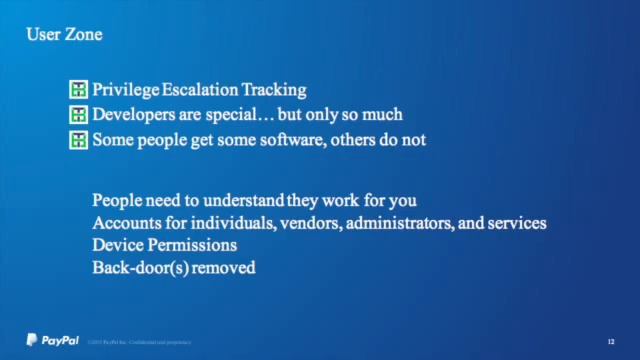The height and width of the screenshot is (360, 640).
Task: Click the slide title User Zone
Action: click(x=63, y=36)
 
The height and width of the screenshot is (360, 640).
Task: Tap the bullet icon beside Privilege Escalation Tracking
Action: click(x=79, y=90)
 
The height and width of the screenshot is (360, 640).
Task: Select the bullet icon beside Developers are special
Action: click(x=79, y=115)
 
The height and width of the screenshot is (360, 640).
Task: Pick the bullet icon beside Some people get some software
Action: click(x=79, y=140)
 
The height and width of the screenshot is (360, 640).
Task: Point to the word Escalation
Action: click(x=197, y=90)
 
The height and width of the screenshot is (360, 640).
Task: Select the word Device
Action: click(x=116, y=245)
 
